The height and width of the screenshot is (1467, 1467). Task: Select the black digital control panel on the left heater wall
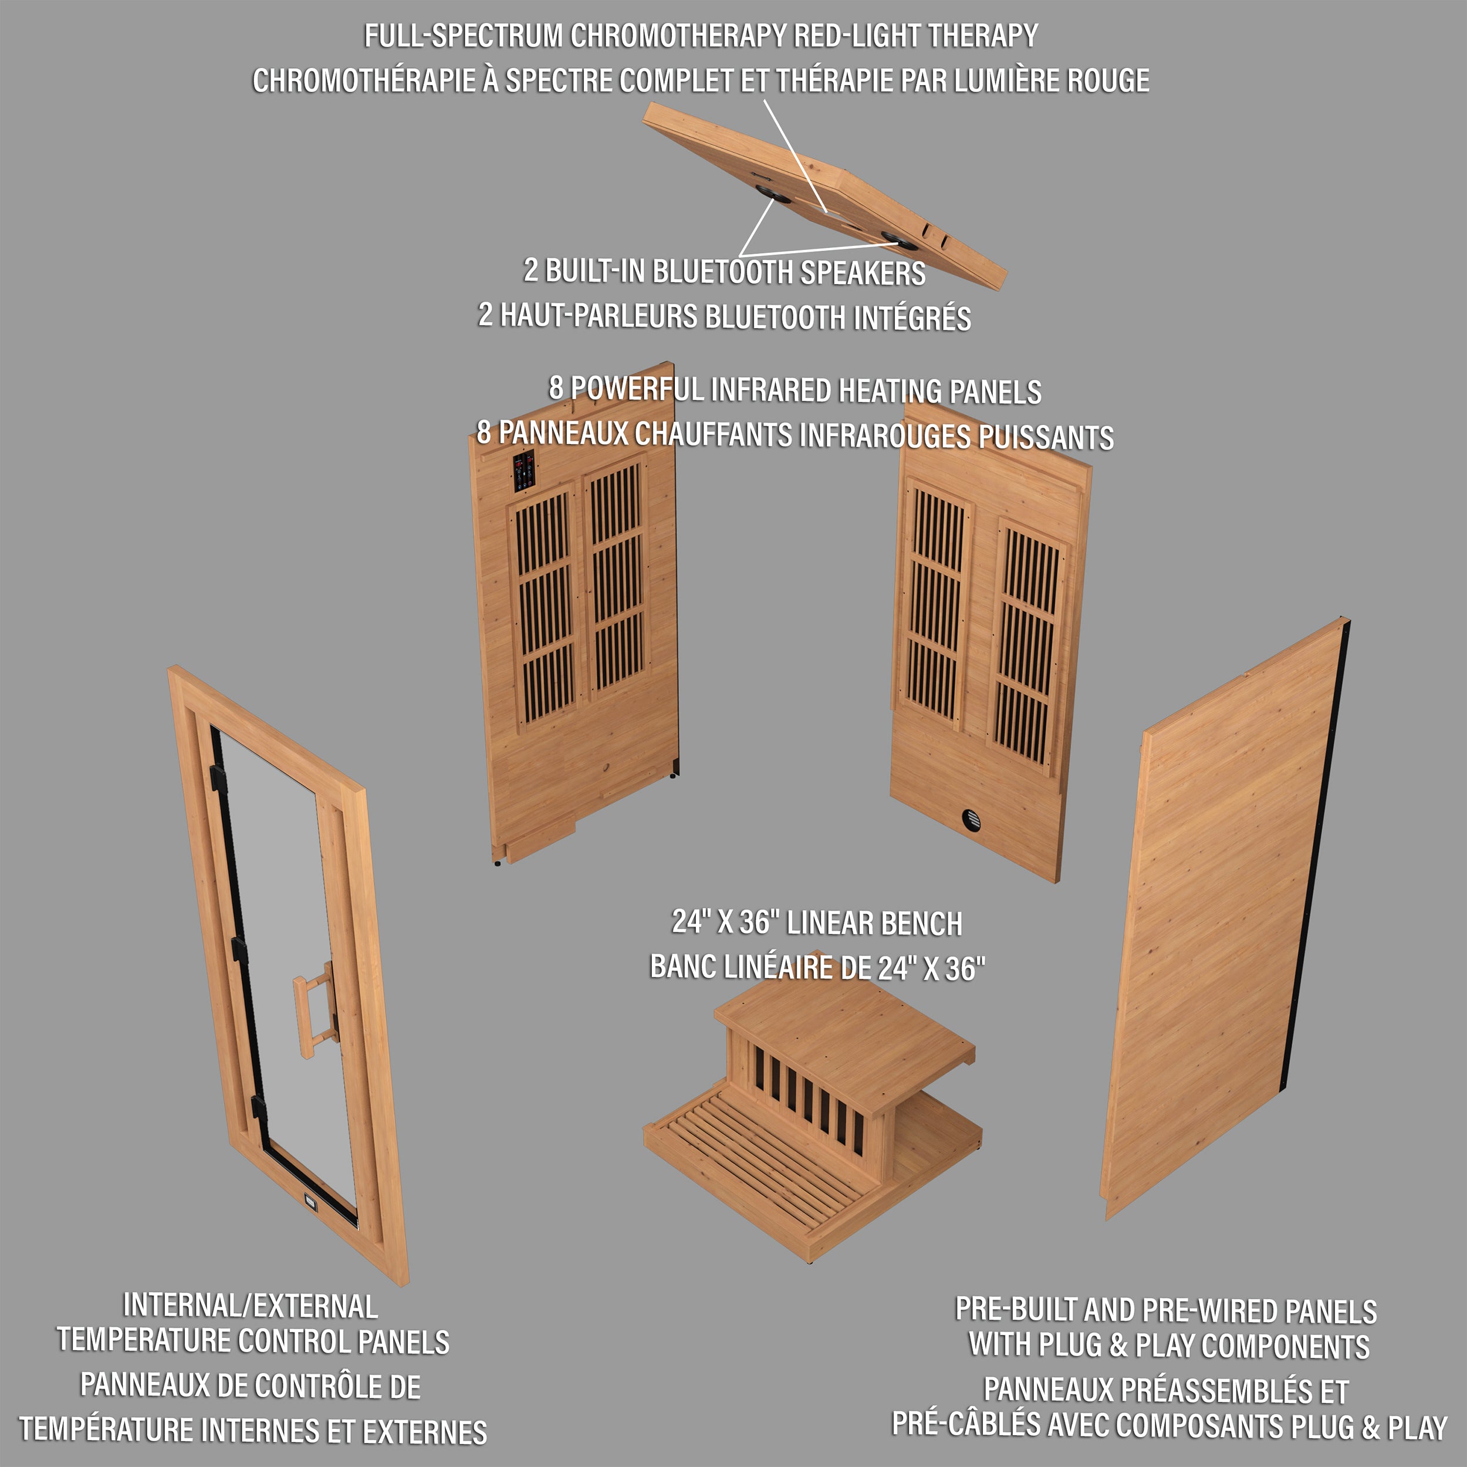pos(524,471)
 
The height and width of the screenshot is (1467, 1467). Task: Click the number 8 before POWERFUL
pos(556,387)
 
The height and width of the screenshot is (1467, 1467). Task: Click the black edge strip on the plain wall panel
pos(1317,835)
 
